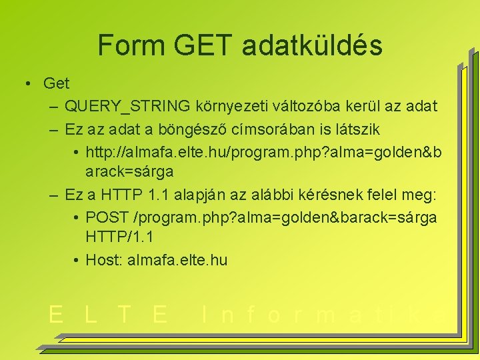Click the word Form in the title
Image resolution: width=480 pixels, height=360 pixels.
[x=131, y=45]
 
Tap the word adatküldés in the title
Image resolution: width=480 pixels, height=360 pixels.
[x=312, y=45]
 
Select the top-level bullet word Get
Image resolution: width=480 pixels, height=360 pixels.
[x=56, y=83]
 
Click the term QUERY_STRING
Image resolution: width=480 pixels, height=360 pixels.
[x=127, y=106]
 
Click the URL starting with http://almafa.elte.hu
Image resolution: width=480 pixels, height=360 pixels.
[x=263, y=151]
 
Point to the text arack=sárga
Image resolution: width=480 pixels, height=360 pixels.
[x=129, y=171]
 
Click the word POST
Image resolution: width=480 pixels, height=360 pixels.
[x=107, y=217]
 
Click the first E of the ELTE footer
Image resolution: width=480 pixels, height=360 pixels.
[x=56, y=314]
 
